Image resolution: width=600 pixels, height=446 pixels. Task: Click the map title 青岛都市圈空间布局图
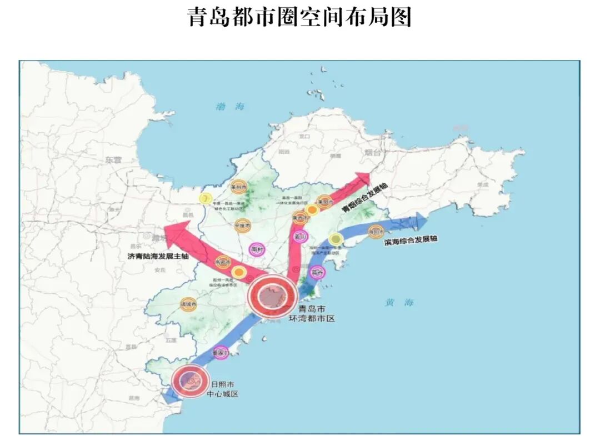(300, 17)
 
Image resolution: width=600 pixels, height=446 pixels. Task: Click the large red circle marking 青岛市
(272, 296)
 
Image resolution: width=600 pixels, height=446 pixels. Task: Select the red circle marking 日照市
(189, 380)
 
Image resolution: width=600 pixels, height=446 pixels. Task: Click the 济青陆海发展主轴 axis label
(158, 257)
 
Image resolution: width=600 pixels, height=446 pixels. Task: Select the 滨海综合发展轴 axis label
(411, 240)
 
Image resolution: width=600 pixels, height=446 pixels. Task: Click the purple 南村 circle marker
(257, 250)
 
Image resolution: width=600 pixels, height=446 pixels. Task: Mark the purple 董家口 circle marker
(221, 353)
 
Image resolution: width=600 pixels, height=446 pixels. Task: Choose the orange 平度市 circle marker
(243, 225)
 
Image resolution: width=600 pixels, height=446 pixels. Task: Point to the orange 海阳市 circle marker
(376, 231)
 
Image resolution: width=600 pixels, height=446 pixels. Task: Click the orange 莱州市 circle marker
(239, 188)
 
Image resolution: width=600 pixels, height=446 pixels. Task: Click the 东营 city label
(113, 159)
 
